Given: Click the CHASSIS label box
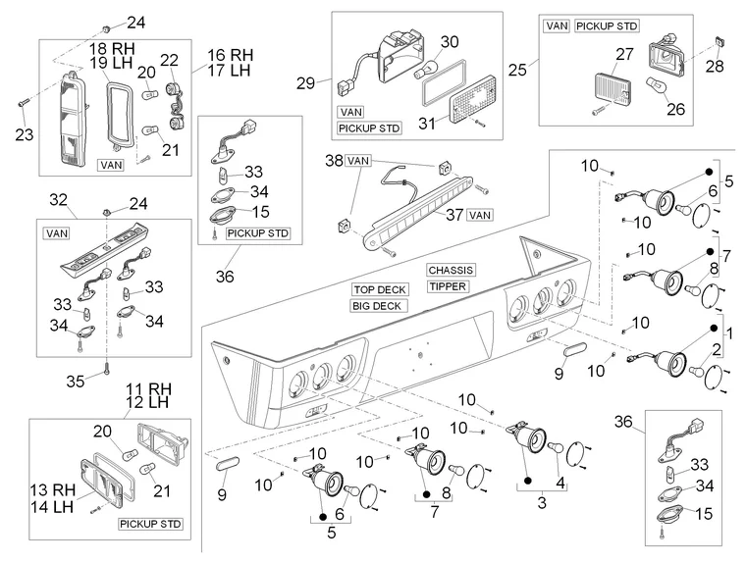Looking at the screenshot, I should click(450, 270).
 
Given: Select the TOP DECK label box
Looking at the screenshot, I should click(378, 290).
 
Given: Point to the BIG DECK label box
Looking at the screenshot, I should click(376, 306).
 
